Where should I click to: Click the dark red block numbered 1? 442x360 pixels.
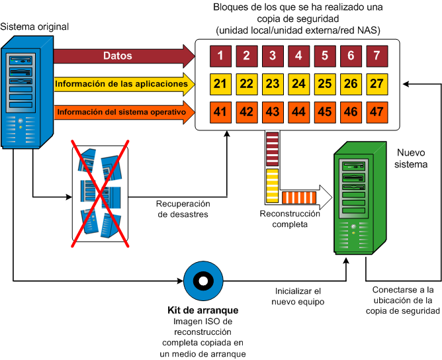coord(220,56)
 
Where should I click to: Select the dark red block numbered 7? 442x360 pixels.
coord(376,56)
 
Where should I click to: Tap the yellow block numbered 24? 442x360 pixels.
coord(298,84)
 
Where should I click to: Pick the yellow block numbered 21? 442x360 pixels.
coord(220,84)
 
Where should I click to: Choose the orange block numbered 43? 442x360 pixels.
coord(272,111)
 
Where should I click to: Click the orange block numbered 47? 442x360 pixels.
coord(376,111)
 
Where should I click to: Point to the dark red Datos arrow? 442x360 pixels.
coord(119,56)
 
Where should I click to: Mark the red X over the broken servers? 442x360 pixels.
coord(100,193)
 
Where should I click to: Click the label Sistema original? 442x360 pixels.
coord(34,26)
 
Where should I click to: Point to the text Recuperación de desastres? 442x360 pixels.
coord(182,209)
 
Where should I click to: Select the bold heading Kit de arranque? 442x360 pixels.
coord(203,310)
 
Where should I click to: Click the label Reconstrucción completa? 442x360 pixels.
coord(289,219)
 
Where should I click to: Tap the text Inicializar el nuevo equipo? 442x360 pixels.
coord(298,296)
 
